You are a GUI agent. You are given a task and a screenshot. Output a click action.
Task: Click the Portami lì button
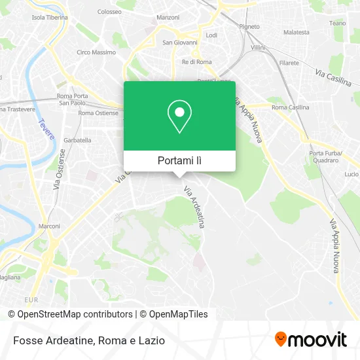pos(179,160)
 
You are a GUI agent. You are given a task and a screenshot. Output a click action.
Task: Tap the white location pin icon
pos(179,117)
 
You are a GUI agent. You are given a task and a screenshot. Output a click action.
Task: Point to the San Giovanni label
pos(175,43)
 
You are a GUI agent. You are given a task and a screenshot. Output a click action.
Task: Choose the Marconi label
pos(50,226)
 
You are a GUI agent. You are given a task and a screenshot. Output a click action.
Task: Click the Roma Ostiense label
pos(98,113)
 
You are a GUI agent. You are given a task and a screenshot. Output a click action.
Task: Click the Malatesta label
pos(297,31)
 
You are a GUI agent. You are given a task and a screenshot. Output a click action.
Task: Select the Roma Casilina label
pos(290,107)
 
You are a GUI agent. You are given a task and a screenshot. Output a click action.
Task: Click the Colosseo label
pos(109,12)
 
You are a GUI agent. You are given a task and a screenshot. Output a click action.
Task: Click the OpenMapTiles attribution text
pos(178,314)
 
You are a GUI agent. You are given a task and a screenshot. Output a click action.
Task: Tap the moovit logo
pos(310,340)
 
